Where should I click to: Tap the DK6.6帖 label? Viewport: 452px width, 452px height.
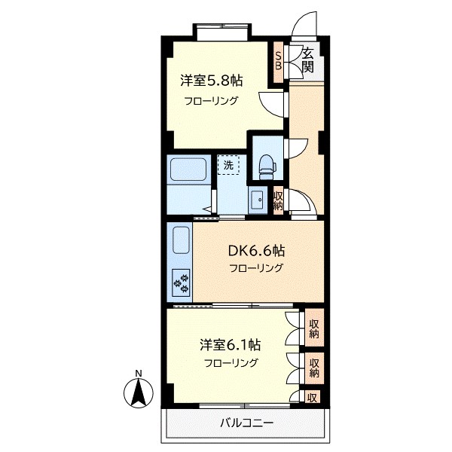click(257, 252)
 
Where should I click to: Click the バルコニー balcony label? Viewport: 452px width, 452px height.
click(247, 422)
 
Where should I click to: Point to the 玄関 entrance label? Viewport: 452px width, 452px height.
click(308, 60)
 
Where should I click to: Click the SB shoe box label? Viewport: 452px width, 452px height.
click(278, 60)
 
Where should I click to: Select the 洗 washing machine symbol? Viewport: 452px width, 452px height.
click(228, 163)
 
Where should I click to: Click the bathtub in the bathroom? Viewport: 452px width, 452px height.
click(188, 170)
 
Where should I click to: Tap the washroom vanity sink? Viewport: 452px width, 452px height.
click(256, 200)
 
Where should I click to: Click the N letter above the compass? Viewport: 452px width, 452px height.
click(138, 373)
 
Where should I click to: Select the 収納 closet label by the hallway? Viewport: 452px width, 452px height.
click(278, 200)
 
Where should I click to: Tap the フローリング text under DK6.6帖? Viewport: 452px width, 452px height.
click(257, 269)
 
